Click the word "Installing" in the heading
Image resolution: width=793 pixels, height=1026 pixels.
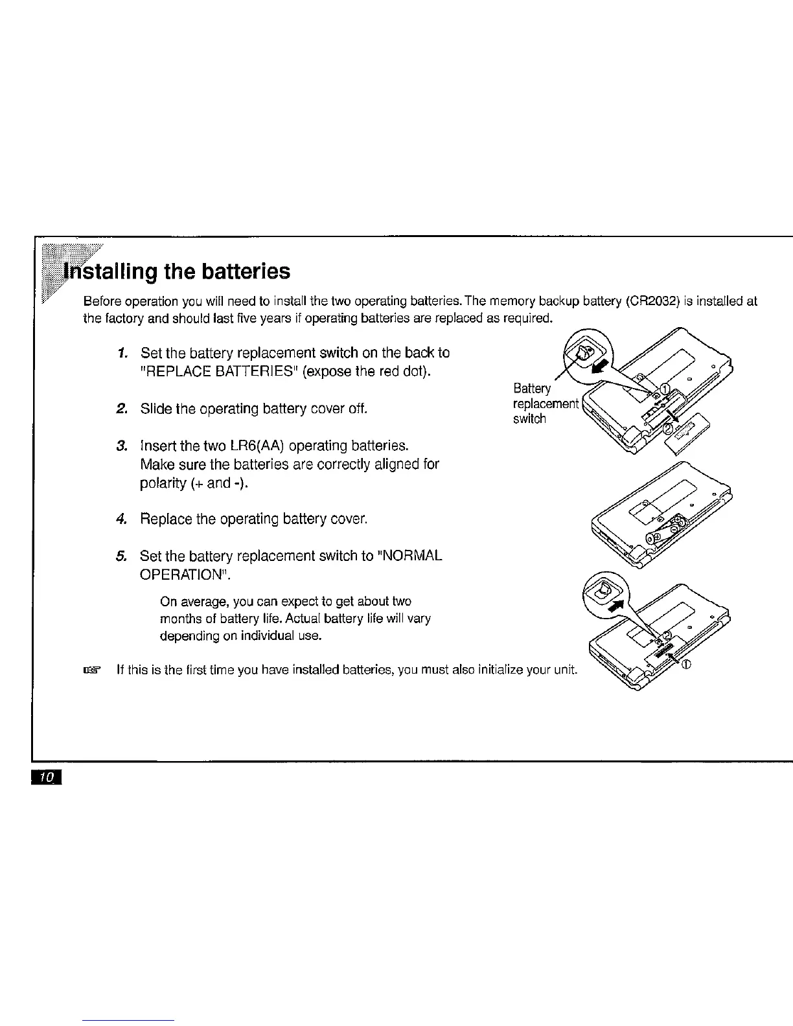107,271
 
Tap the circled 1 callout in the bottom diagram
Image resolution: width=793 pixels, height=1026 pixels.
687,664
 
